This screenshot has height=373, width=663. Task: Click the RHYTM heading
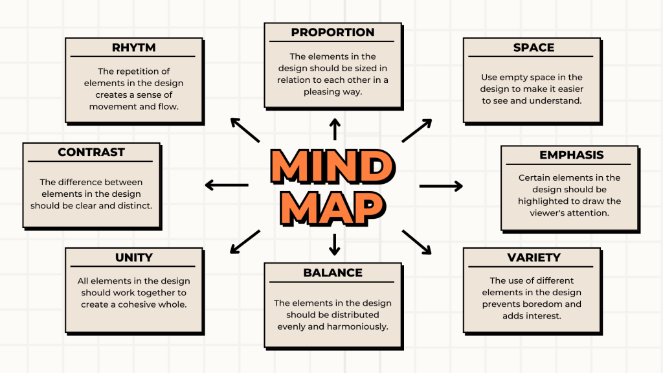coord(134,47)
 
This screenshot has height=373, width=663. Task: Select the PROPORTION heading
coord(333,32)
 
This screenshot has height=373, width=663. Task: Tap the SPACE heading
coord(534,47)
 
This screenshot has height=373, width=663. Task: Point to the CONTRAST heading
coord(91,152)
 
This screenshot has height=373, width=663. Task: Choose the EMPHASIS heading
coord(571,155)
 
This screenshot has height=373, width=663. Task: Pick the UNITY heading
coord(134,257)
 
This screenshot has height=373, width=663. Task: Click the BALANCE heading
coord(333,273)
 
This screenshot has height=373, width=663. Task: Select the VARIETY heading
coord(534,257)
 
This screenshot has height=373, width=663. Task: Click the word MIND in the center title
coord(332,167)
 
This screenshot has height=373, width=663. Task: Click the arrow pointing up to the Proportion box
coord(335,129)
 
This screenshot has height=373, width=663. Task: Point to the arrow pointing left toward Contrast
coord(227,185)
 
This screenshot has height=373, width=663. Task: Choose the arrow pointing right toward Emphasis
coord(441,186)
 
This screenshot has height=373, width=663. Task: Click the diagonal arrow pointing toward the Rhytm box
coord(245,130)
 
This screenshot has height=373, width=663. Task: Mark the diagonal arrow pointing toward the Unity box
coord(245,242)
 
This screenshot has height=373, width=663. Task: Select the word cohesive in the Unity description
coord(139,304)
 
